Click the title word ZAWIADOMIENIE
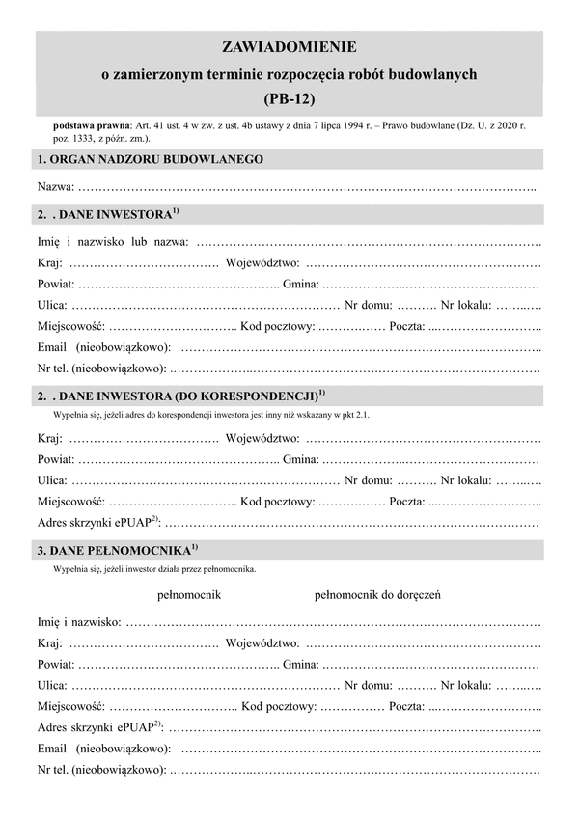289,46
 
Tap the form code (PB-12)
289,97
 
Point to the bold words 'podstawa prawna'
93,126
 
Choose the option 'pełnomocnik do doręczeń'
378,595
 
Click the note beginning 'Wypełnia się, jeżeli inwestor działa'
155,570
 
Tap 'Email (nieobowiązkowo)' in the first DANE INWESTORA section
104,345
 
